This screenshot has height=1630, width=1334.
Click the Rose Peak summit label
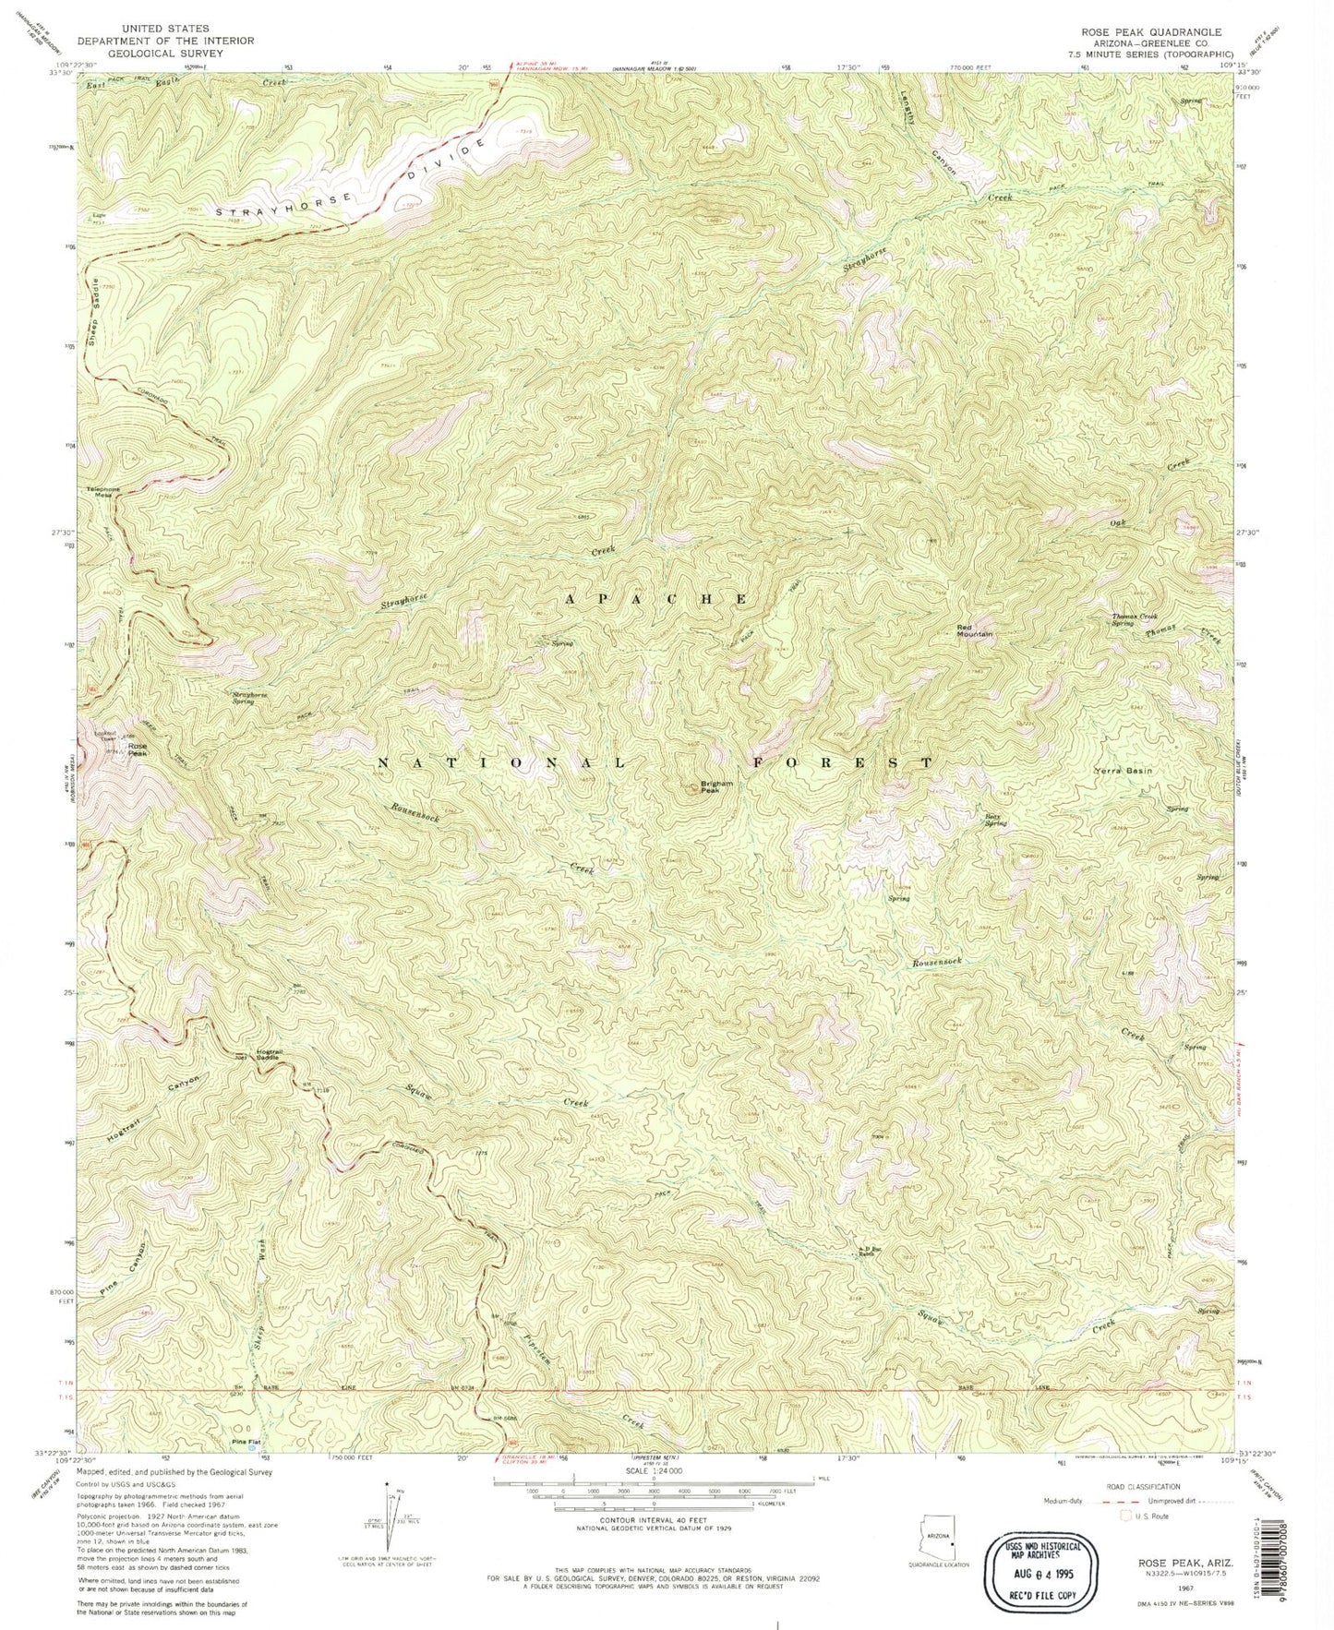point(138,749)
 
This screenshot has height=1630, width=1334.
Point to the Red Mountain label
point(974,631)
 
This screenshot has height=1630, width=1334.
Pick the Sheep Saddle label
point(93,309)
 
